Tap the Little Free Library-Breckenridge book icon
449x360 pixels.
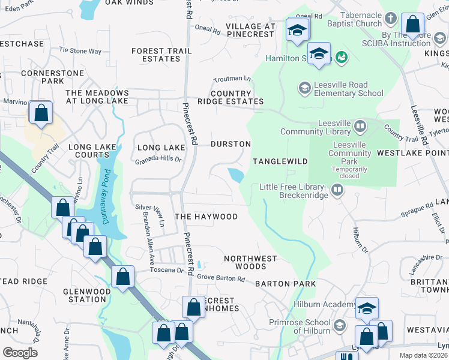(337, 191)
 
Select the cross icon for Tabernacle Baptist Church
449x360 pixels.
(391, 19)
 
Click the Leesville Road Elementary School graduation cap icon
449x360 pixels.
(304, 89)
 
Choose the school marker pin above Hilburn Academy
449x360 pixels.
(367, 308)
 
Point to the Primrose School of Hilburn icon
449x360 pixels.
(339, 325)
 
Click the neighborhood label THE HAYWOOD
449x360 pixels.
(206, 217)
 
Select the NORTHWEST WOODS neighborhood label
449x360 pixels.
(250, 262)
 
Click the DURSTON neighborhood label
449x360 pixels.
(231, 144)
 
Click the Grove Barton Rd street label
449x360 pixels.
(221, 278)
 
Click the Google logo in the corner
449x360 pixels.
(20, 353)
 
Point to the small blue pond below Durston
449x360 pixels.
(236, 175)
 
